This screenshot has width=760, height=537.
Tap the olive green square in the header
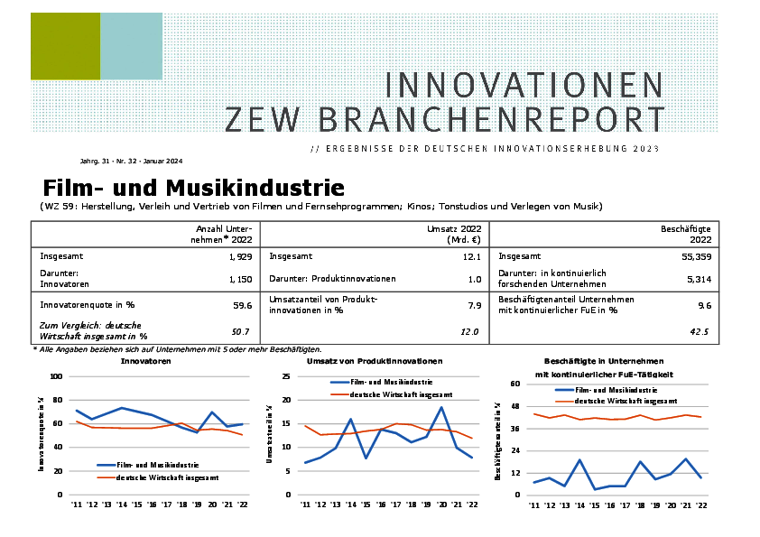point(65,46)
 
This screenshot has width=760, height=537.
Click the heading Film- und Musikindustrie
point(193,188)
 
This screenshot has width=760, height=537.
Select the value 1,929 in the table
point(240,256)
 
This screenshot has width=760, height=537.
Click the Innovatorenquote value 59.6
point(242,305)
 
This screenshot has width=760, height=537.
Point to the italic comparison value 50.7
point(242,331)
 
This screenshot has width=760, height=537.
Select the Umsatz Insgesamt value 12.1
point(470,256)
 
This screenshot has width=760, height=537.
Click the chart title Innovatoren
point(146,360)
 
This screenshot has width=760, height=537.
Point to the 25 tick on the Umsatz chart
point(285,376)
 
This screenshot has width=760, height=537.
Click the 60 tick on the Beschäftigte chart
point(516,384)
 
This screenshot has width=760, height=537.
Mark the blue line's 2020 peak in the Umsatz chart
point(441,407)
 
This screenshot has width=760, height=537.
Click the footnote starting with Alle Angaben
point(177,349)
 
